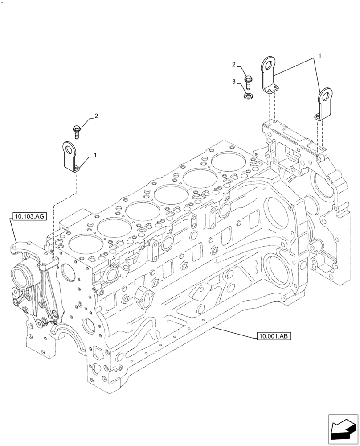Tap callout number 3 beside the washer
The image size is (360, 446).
[x=233, y=81]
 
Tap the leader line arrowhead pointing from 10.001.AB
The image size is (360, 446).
[x=215, y=327]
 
